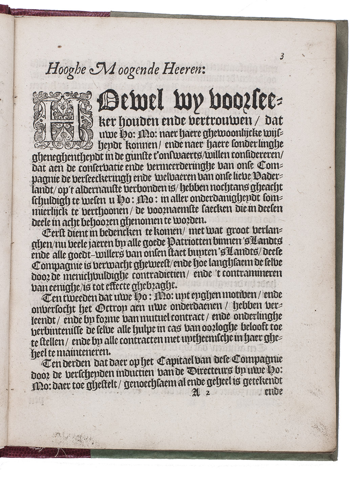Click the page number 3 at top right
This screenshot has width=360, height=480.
[281, 57]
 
